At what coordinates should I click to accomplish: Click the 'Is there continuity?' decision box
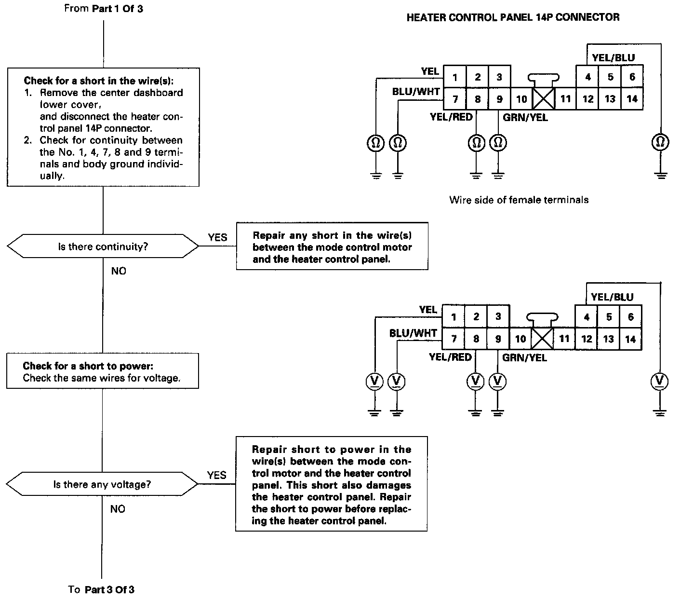[x=103, y=246]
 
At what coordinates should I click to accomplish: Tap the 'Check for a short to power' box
[x=102, y=371]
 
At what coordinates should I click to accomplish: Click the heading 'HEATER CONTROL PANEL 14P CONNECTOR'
[x=513, y=17]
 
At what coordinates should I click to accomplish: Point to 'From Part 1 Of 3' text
[x=103, y=9]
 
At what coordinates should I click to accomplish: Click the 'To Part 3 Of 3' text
[x=101, y=589]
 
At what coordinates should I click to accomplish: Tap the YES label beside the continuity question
[x=217, y=237]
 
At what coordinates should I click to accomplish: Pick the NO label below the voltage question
[x=118, y=509]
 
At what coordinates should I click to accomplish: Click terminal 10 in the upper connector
[x=521, y=99]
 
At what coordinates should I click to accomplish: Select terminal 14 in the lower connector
[x=630, y=339]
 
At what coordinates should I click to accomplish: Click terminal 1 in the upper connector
[x=455, y=77]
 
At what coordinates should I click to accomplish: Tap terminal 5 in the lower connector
[x=609, y=317]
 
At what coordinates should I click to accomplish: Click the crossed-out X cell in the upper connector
[x=544, y=99]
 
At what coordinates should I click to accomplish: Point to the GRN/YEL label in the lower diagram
[x=524, y=358]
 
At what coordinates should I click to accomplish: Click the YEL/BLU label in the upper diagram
[x=613, y=58]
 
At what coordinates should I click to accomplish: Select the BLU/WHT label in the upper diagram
[x=415, y=91]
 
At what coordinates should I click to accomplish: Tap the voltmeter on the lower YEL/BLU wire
[x=659, y=382]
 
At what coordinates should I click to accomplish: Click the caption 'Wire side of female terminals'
[x=519, y=200]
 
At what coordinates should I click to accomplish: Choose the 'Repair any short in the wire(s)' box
[x=332, y=246]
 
